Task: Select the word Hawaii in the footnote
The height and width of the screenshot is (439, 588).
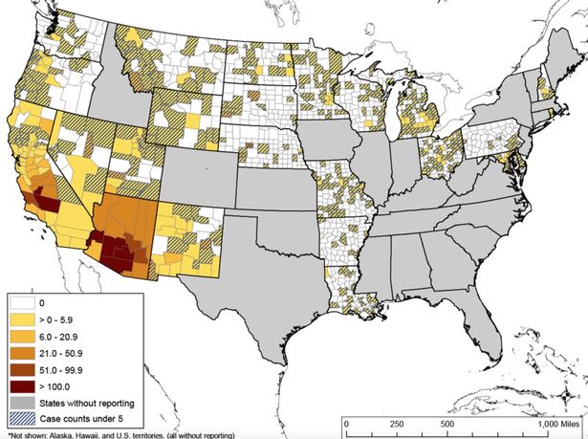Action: coord(93,434)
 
